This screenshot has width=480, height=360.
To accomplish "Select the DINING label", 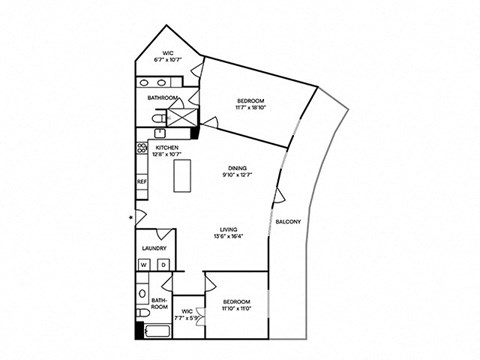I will pyautogui.click(x=237, y=168).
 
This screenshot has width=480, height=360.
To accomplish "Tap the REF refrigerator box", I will pyautogui.click(x=141, y=182).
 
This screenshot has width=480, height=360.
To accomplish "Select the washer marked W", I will pyautogui.click(x=144, y=264).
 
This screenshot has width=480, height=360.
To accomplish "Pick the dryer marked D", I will pyautogui.click(x=162, y=264).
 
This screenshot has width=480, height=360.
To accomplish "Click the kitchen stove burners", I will pyautogui.click(x=141, y=149).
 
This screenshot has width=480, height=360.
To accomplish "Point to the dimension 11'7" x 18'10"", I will pyautogui.click(x=250, y=109).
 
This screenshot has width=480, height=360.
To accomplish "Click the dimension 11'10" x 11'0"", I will pyautogui.click(x=236, y=309).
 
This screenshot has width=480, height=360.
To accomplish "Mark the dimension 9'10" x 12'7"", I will pyautogui.click(x=237, y=176).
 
